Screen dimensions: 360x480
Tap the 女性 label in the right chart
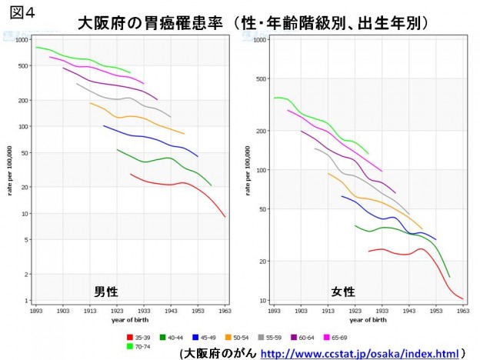pos(343,292)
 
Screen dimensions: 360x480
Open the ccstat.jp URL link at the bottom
pos(358,354)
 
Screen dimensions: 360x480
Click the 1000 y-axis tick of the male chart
pos(22,39)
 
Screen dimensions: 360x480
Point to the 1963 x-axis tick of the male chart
pos(225,311)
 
